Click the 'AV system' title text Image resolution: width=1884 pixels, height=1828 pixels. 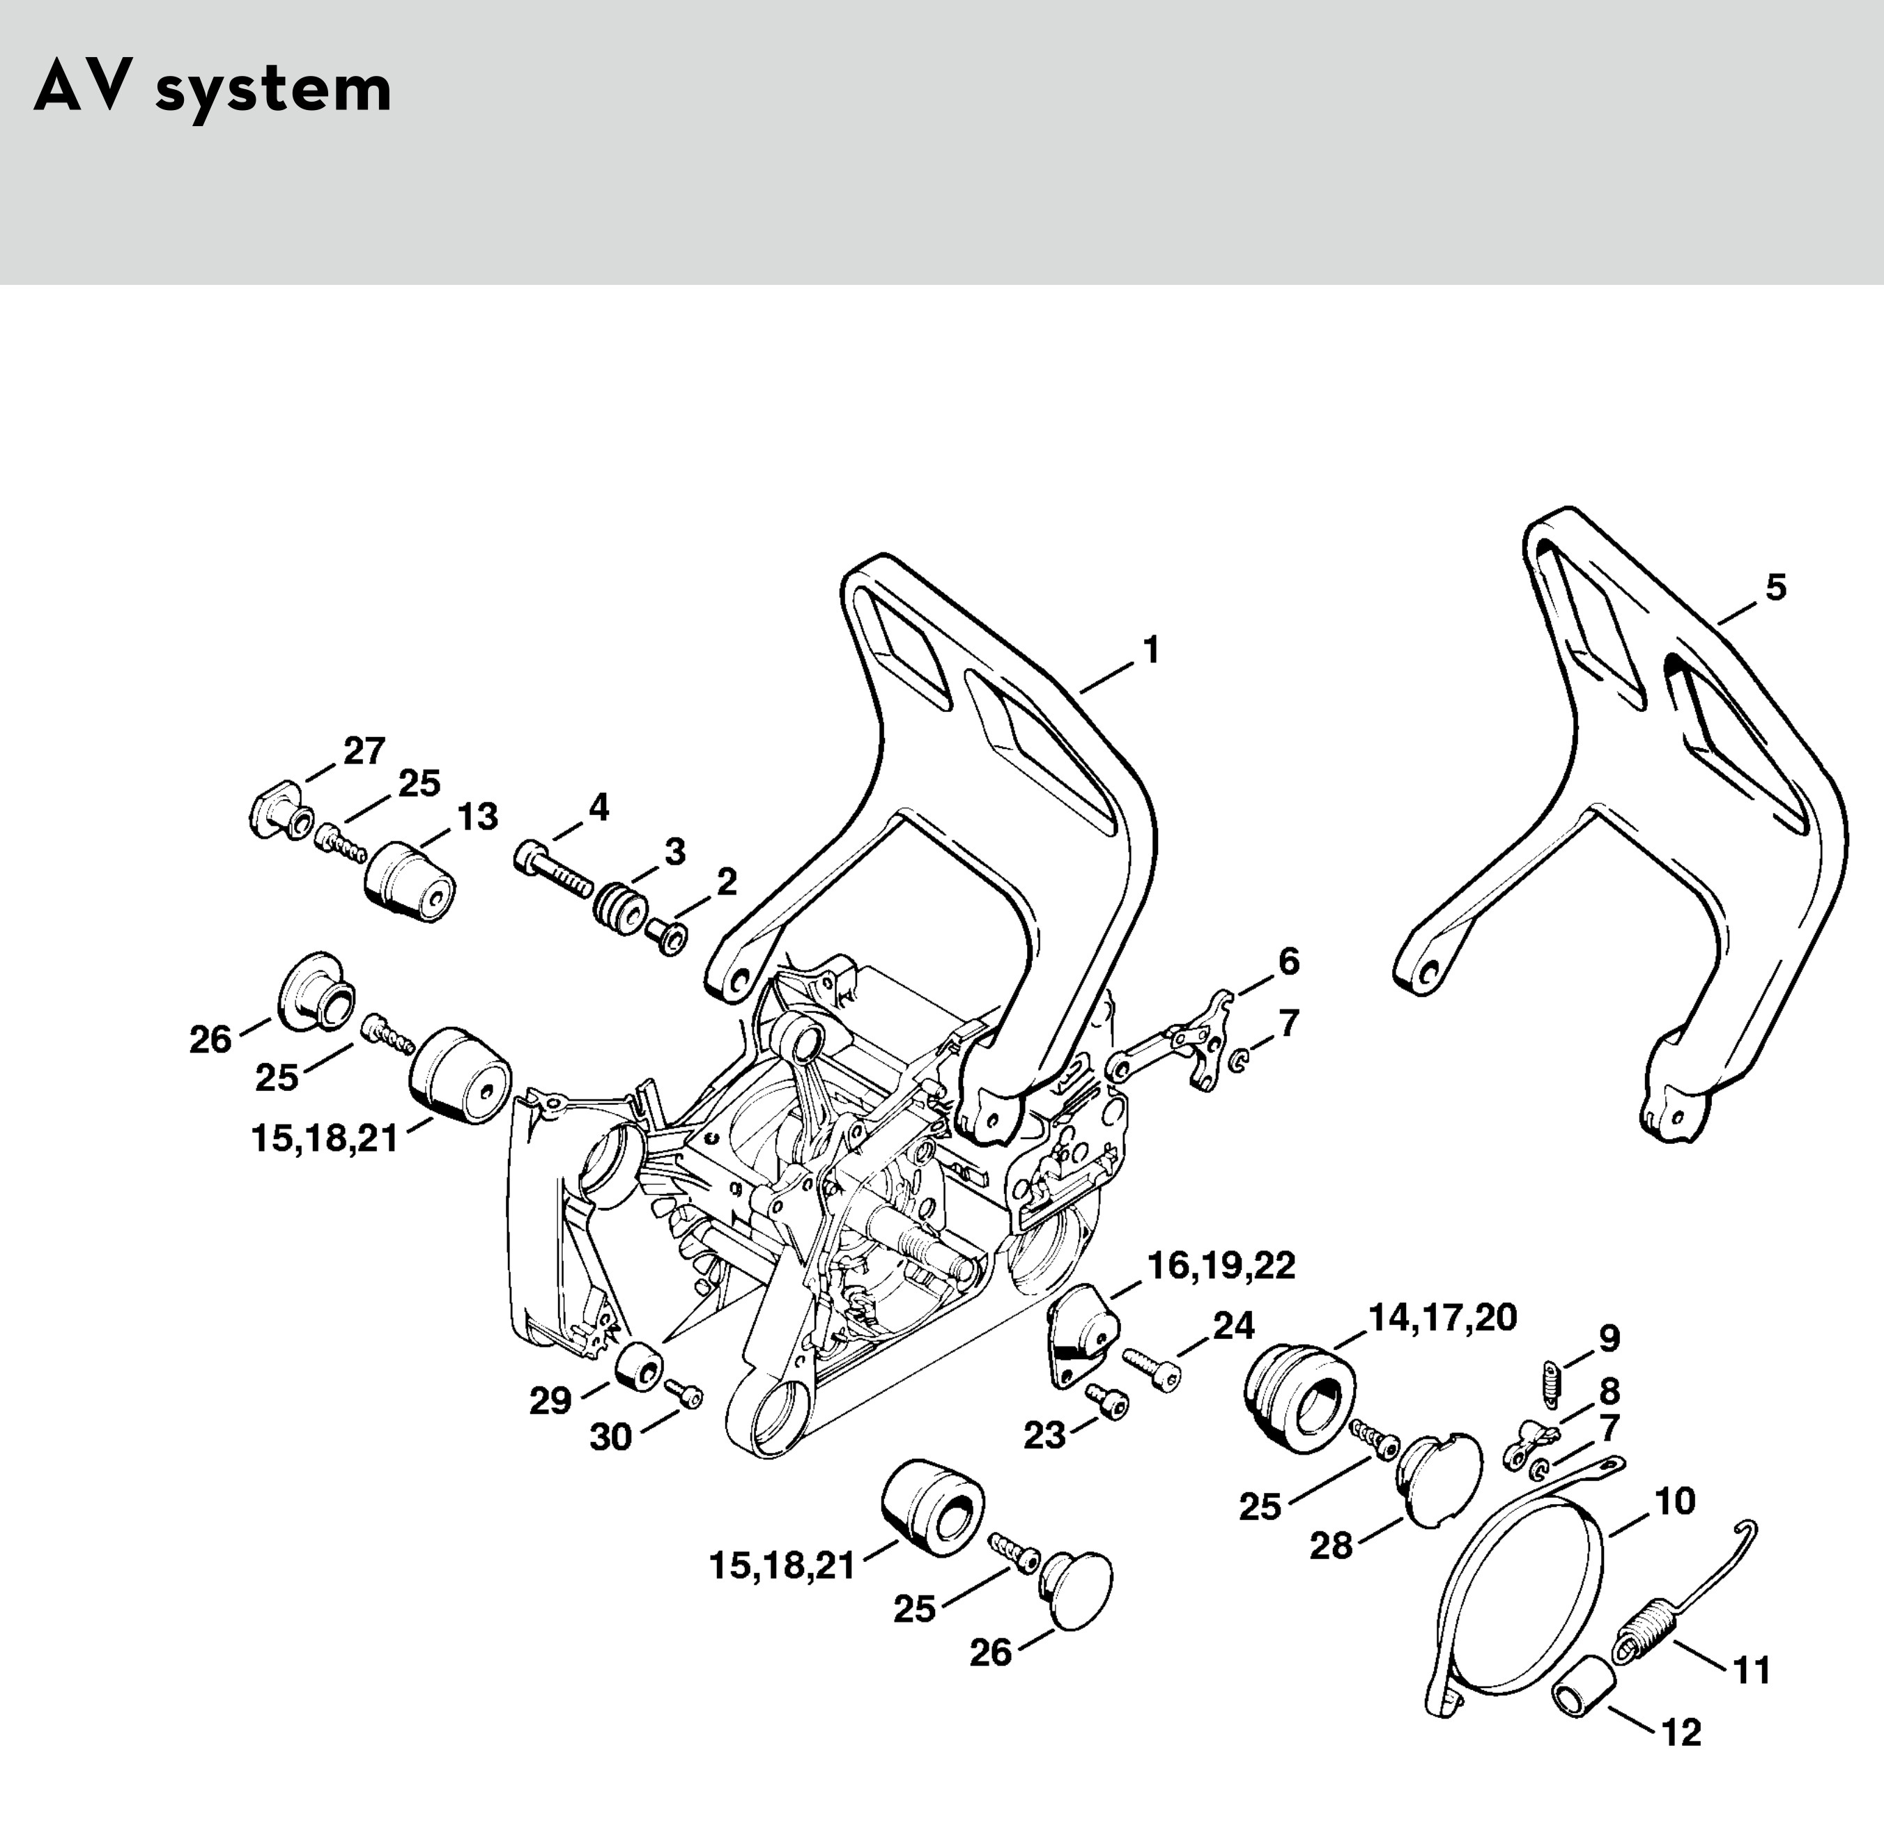click(213, 91)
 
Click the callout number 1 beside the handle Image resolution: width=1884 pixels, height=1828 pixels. click(1150, 651)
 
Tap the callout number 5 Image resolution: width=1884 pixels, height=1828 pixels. click(1775, 587)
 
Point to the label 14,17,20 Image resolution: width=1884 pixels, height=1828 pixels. click(1442, 1317)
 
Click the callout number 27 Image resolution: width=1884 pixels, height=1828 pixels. click(364, 750)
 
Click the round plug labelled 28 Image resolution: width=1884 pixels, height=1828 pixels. click(1439, 1481)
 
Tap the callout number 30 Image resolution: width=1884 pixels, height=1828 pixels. click(610, 1438)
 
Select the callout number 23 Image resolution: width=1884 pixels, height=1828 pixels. click(1045, 1436)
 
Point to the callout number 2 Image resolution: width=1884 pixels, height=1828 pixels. click(726, 881)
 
